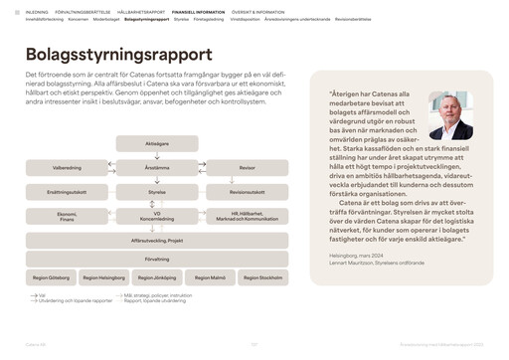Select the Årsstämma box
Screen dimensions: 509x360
click(156, 168)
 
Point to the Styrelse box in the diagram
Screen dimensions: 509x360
click(156, 191)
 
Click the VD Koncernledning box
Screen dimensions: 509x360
click(156, 216)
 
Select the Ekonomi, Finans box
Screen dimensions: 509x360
click(67, 216)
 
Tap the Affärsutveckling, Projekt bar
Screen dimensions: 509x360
click(156, 240)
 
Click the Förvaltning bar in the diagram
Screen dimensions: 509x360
click(156, 258)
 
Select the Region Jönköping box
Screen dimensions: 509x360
click(157, 277)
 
